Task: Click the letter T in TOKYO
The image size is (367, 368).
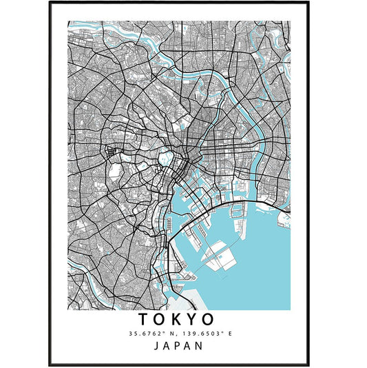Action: (144, 320)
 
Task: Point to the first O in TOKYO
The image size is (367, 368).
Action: (160, 320)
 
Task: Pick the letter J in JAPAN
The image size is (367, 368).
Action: (157, 345)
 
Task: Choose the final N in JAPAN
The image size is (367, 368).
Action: (200, 345)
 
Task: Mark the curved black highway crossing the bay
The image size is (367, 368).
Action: (207, 214)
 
